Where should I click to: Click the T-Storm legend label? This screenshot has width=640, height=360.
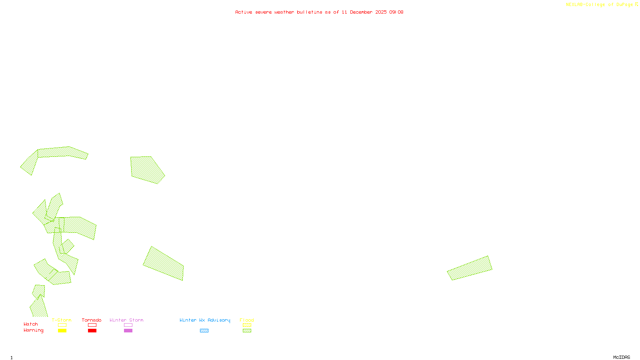62,320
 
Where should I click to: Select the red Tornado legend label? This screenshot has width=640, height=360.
92,320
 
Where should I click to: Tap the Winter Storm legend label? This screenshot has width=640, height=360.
126,320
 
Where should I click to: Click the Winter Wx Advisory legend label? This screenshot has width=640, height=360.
205,320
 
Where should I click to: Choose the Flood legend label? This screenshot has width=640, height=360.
247,320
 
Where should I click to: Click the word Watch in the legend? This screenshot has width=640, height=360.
31,324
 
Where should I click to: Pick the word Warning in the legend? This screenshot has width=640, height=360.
33,330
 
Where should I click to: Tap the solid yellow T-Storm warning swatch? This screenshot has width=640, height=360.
62,331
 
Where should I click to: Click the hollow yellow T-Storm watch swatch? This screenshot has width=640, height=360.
62,325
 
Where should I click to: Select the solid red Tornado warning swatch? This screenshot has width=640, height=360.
92,331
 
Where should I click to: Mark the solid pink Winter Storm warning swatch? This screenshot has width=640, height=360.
128,331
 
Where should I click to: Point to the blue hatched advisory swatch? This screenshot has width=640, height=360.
204,331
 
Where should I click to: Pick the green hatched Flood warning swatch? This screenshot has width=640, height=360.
247,331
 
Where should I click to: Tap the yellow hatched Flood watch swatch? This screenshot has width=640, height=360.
247,325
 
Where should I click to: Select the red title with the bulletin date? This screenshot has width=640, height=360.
319,12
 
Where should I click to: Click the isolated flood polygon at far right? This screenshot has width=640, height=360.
470,268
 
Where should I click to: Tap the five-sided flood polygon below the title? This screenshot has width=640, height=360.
146,170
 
